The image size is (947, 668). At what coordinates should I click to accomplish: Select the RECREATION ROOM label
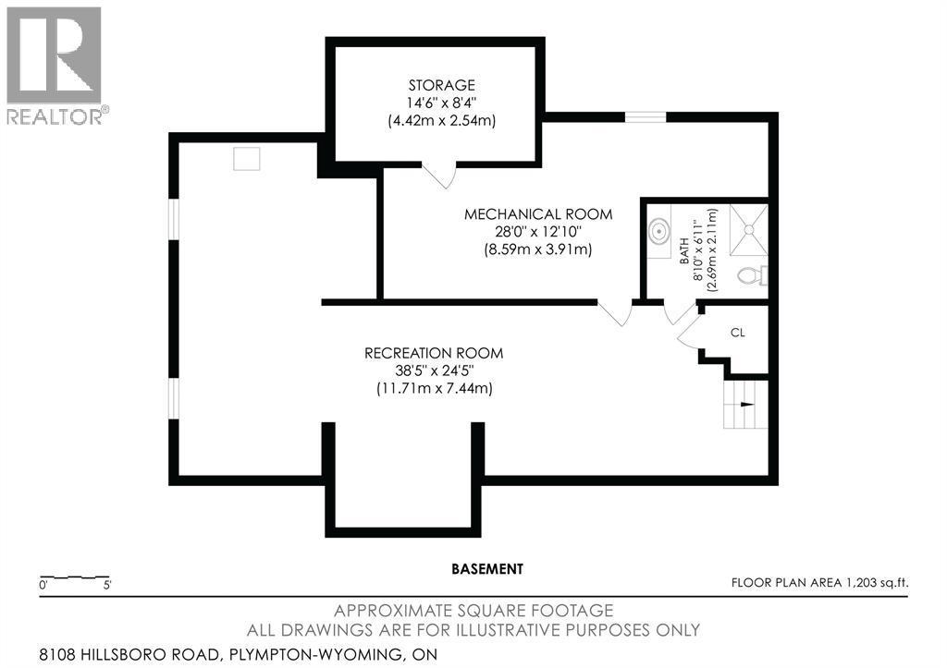click(x=433, y=353)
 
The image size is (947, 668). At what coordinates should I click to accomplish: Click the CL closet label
click(x=737, y=332)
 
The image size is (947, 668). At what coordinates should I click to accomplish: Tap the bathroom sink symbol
click(x=659, y=231)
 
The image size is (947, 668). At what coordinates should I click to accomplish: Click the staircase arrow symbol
click(x=745, y=405)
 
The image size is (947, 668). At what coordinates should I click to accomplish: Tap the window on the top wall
click(x=645, y=116)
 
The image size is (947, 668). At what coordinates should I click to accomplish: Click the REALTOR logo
click(x=55, y=65)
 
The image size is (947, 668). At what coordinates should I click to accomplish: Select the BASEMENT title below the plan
click(x=487, y=569)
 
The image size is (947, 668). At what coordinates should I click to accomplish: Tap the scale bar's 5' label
click(x=108, y=585)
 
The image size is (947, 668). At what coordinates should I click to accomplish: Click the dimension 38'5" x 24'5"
click(x=433, y=370)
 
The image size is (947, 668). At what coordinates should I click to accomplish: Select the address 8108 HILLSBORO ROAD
click(x=129, y=654)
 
